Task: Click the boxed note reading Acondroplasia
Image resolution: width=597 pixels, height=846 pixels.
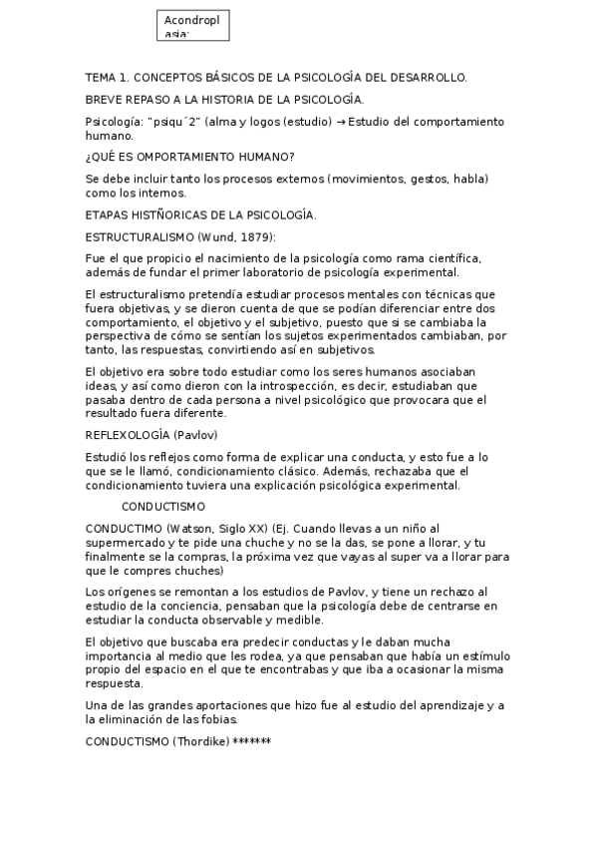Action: click(194, 26)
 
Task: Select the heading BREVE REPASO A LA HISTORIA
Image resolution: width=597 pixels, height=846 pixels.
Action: click(224, 99)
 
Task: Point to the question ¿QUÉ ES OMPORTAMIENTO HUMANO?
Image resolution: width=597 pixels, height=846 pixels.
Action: click(189, 157)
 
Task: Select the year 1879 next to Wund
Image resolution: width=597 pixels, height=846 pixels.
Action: click(255, 236)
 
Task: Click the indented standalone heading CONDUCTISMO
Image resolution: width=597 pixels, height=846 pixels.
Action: click(163, 507)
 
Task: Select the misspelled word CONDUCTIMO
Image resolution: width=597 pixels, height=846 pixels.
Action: click(125, 528)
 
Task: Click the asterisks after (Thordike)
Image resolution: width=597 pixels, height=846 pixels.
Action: click(251, 742)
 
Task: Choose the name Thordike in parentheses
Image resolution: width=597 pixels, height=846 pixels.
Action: click(202, 742)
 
